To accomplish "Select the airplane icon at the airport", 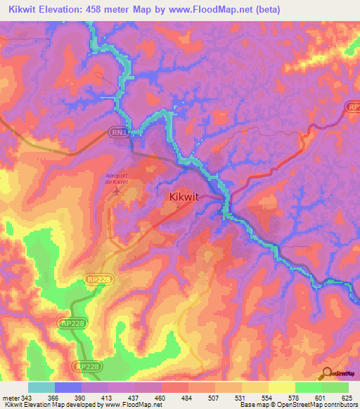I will (x=117, y=190).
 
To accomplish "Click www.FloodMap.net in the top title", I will (x=204, y=9).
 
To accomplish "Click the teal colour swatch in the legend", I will (x=41, y=388).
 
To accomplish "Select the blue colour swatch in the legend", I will (x=67, y=388).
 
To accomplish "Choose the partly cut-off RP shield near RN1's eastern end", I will (x=353, y=106).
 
